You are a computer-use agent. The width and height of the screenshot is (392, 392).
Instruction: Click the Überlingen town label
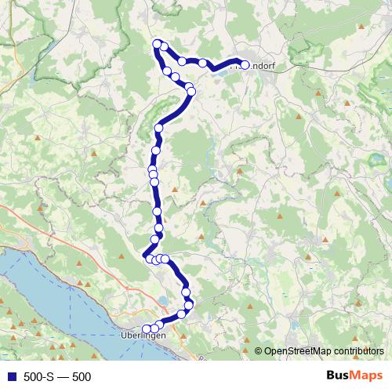(x=144, y=336)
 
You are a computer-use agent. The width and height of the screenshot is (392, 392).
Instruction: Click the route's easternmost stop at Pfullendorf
(x=244, y=66)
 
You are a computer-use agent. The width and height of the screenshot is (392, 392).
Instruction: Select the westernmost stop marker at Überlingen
(x=147, y=329)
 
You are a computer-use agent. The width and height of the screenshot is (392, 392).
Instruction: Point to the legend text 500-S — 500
(x=57, y=377)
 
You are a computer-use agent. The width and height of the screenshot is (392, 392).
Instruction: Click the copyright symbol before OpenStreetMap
(x=258, y=351)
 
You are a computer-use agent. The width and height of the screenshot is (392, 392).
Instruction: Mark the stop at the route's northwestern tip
(x=157, y=44)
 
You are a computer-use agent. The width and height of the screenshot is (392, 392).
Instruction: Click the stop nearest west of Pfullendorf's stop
(x=202, y=63)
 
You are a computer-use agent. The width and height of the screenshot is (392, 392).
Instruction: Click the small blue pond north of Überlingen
(x=163, y=299)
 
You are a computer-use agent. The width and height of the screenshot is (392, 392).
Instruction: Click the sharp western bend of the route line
(x=144, y=255)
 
